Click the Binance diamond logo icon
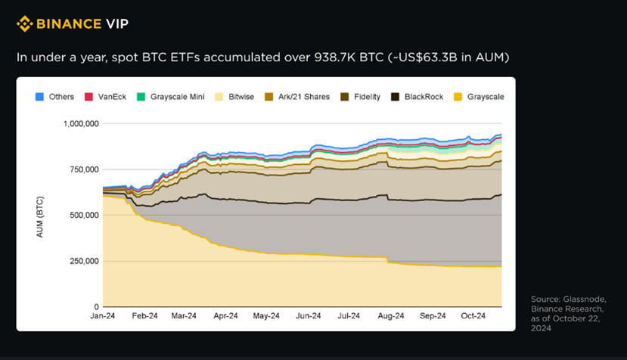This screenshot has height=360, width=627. pos(24,24)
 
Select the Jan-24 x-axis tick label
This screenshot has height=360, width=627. pos(104,316)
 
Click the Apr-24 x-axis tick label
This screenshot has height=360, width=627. pos(225,316)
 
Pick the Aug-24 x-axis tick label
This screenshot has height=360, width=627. pos(390,316)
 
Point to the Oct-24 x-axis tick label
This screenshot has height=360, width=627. pos(473,316)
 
